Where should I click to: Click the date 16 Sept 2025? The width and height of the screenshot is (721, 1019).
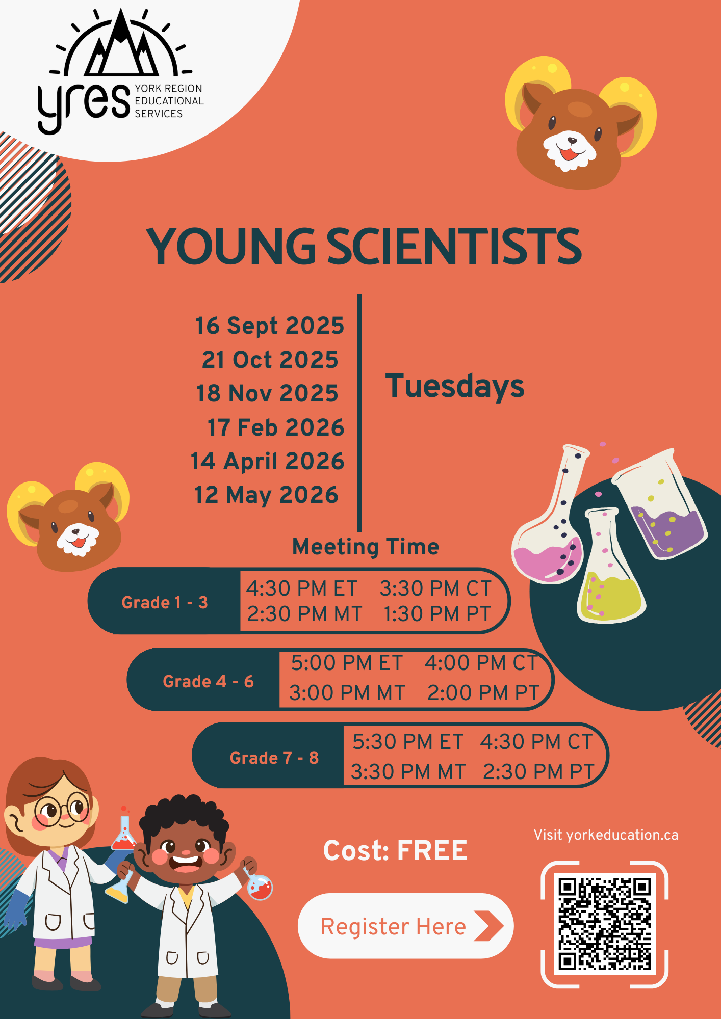pyautogui.click(x=270, y=326)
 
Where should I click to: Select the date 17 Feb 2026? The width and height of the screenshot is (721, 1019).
pyautogui.click(x=276, y=427)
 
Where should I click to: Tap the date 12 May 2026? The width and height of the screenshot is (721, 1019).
pyautogui.click(x=266, y=495)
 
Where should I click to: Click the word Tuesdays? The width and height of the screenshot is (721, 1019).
pyautogui.click(x=455, y=386)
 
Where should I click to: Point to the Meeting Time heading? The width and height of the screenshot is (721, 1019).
pyautogui.click(x=366, y=547)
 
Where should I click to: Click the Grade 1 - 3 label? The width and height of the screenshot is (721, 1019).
pyautogui.click(x=165, y=603)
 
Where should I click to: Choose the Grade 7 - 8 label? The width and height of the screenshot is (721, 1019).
pyautogui.click(x=274, y=758)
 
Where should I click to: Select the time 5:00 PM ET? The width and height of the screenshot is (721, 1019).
pyautogui.click(x=347, y=663)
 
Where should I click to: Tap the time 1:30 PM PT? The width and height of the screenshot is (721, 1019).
pyautogui.click(x=437, y=614)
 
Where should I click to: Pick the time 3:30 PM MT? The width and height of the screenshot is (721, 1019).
pyautogui.click(x=408, y=772)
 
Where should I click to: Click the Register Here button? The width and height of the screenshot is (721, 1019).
pyautogui.click(x=405, y=926)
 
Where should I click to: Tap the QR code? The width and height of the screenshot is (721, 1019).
pyautogui.click(x=604, y=924)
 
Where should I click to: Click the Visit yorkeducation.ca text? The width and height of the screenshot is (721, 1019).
pyautogui.click(x=606, y=835)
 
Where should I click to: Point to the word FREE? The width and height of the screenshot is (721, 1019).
pyautogui.click(x=432, y=851)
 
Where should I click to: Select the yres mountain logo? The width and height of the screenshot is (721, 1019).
pyautogui.click(x=121, y=71)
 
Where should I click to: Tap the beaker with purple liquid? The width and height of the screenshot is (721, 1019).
pyautogui.click(x=661, y=504)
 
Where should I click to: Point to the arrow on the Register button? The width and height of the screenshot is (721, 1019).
pyautogui.click(x=488, y=926)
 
